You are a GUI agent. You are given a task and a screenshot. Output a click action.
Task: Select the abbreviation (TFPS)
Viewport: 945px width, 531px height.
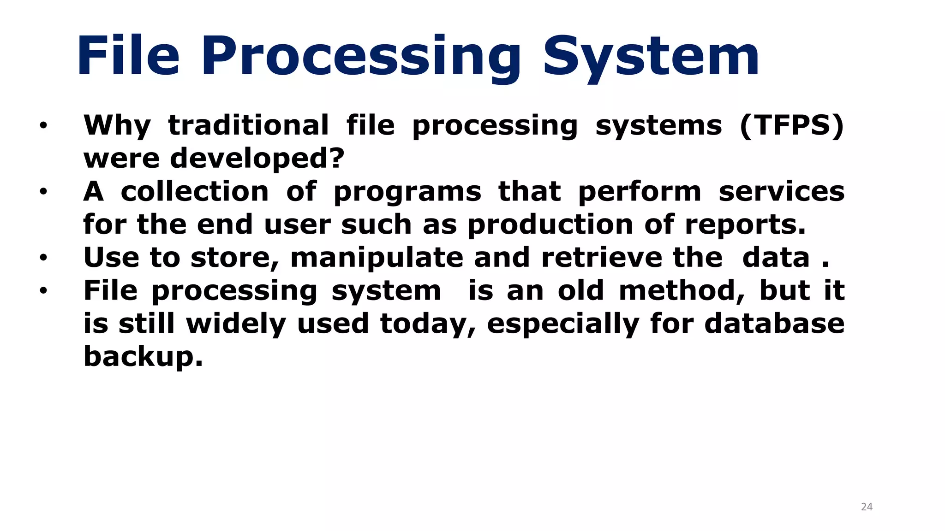point(791,125)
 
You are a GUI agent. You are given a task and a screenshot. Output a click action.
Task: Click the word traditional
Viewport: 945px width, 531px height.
point(248,125)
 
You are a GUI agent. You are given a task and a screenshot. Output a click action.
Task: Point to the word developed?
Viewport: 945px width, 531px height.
point(257,158)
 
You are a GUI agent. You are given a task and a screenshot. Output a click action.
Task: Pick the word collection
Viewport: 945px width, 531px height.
point(195,191)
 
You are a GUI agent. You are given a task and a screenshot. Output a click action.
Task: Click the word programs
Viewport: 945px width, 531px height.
point(407,192)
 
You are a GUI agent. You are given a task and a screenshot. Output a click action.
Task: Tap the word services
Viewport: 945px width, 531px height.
point(782,191)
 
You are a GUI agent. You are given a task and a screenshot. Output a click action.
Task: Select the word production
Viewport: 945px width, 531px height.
point(550,225)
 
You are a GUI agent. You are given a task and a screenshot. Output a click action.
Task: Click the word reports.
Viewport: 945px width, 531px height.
point(745,225)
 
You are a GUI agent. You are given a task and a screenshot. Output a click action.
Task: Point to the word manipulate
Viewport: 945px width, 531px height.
point(377,258)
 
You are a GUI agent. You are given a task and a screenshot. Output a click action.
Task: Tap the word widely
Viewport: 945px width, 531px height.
point(236,324)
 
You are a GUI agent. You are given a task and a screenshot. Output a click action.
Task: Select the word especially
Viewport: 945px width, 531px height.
point(563,324)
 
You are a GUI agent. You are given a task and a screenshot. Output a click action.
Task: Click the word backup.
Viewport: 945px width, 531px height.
point(143,357)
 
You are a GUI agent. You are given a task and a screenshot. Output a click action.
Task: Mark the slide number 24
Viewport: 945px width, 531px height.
point(867,507)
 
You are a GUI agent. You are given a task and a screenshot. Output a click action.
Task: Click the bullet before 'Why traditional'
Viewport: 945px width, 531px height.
point(43,125)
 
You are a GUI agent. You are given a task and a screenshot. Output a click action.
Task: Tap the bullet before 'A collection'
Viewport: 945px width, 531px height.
point(43,191)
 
